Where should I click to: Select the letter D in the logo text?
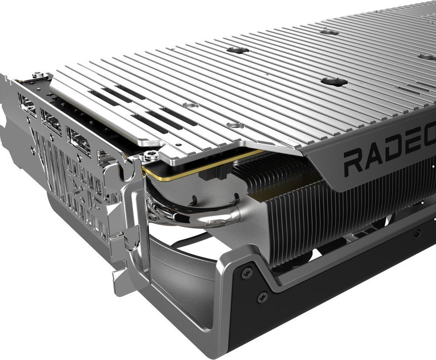point(402,154)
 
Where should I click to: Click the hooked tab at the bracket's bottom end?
point(120,279)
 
